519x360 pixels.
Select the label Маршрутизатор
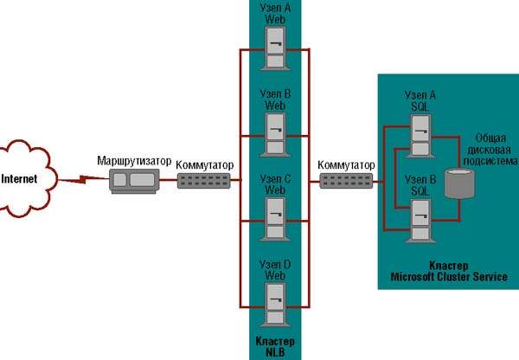click(133, 161)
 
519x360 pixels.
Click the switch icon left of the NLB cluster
click(204, 181)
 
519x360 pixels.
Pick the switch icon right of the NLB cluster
click(345, 181)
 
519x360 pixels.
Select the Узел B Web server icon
click(275, 130)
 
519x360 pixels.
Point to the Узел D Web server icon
click(275, 299)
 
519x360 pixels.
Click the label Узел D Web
click(274, 269)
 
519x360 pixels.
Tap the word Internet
click(19, 180)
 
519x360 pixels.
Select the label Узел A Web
click(274, 13)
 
